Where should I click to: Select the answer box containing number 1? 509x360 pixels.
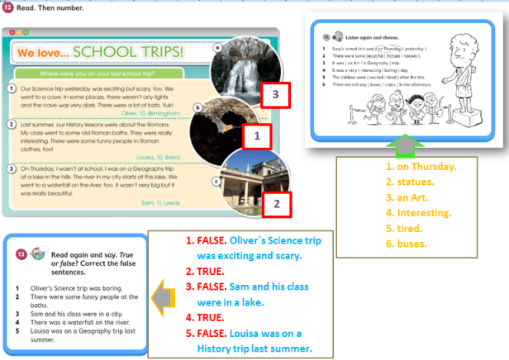click(x=257, y=133)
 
